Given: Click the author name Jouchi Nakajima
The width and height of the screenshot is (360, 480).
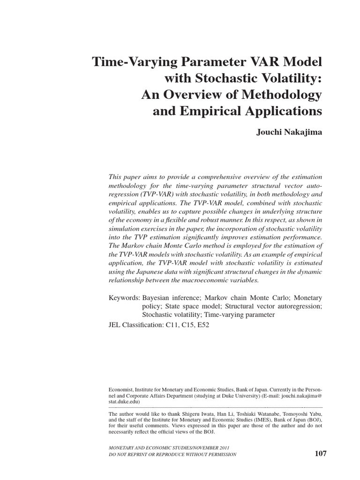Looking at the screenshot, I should (289, 133).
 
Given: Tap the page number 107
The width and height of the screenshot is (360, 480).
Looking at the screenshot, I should (320, 453).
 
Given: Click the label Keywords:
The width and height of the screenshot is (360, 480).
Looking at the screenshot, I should (124, 298).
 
